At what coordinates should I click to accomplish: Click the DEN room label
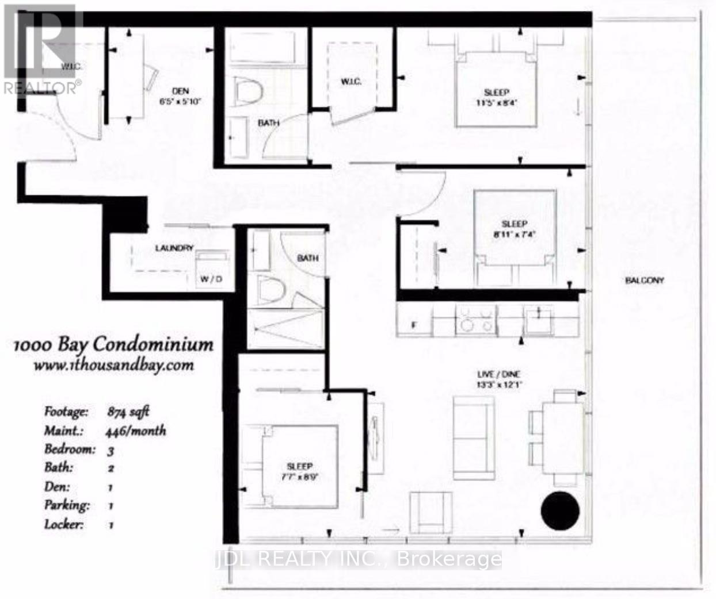click(x=180, y=91)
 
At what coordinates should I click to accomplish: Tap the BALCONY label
click(x=645, y=281)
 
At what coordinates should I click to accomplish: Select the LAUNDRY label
click(x=174, y=248)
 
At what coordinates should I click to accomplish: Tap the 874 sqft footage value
click(x=128, y=412)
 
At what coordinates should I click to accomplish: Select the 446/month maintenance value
click(x=136, y=431)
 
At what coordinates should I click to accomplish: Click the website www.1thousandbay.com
click(x=113, y=365)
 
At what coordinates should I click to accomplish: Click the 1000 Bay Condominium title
click(x=113, y=345)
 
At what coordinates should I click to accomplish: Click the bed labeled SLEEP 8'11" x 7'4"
click(x=515, y=237)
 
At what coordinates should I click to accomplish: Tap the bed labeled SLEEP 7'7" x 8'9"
click(x=299, y=467)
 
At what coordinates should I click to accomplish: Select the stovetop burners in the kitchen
click(x=475, y=320)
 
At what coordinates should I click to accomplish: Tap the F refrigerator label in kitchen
click(x=413, y=325)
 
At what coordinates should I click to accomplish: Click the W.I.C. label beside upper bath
click(x=351, y=82)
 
